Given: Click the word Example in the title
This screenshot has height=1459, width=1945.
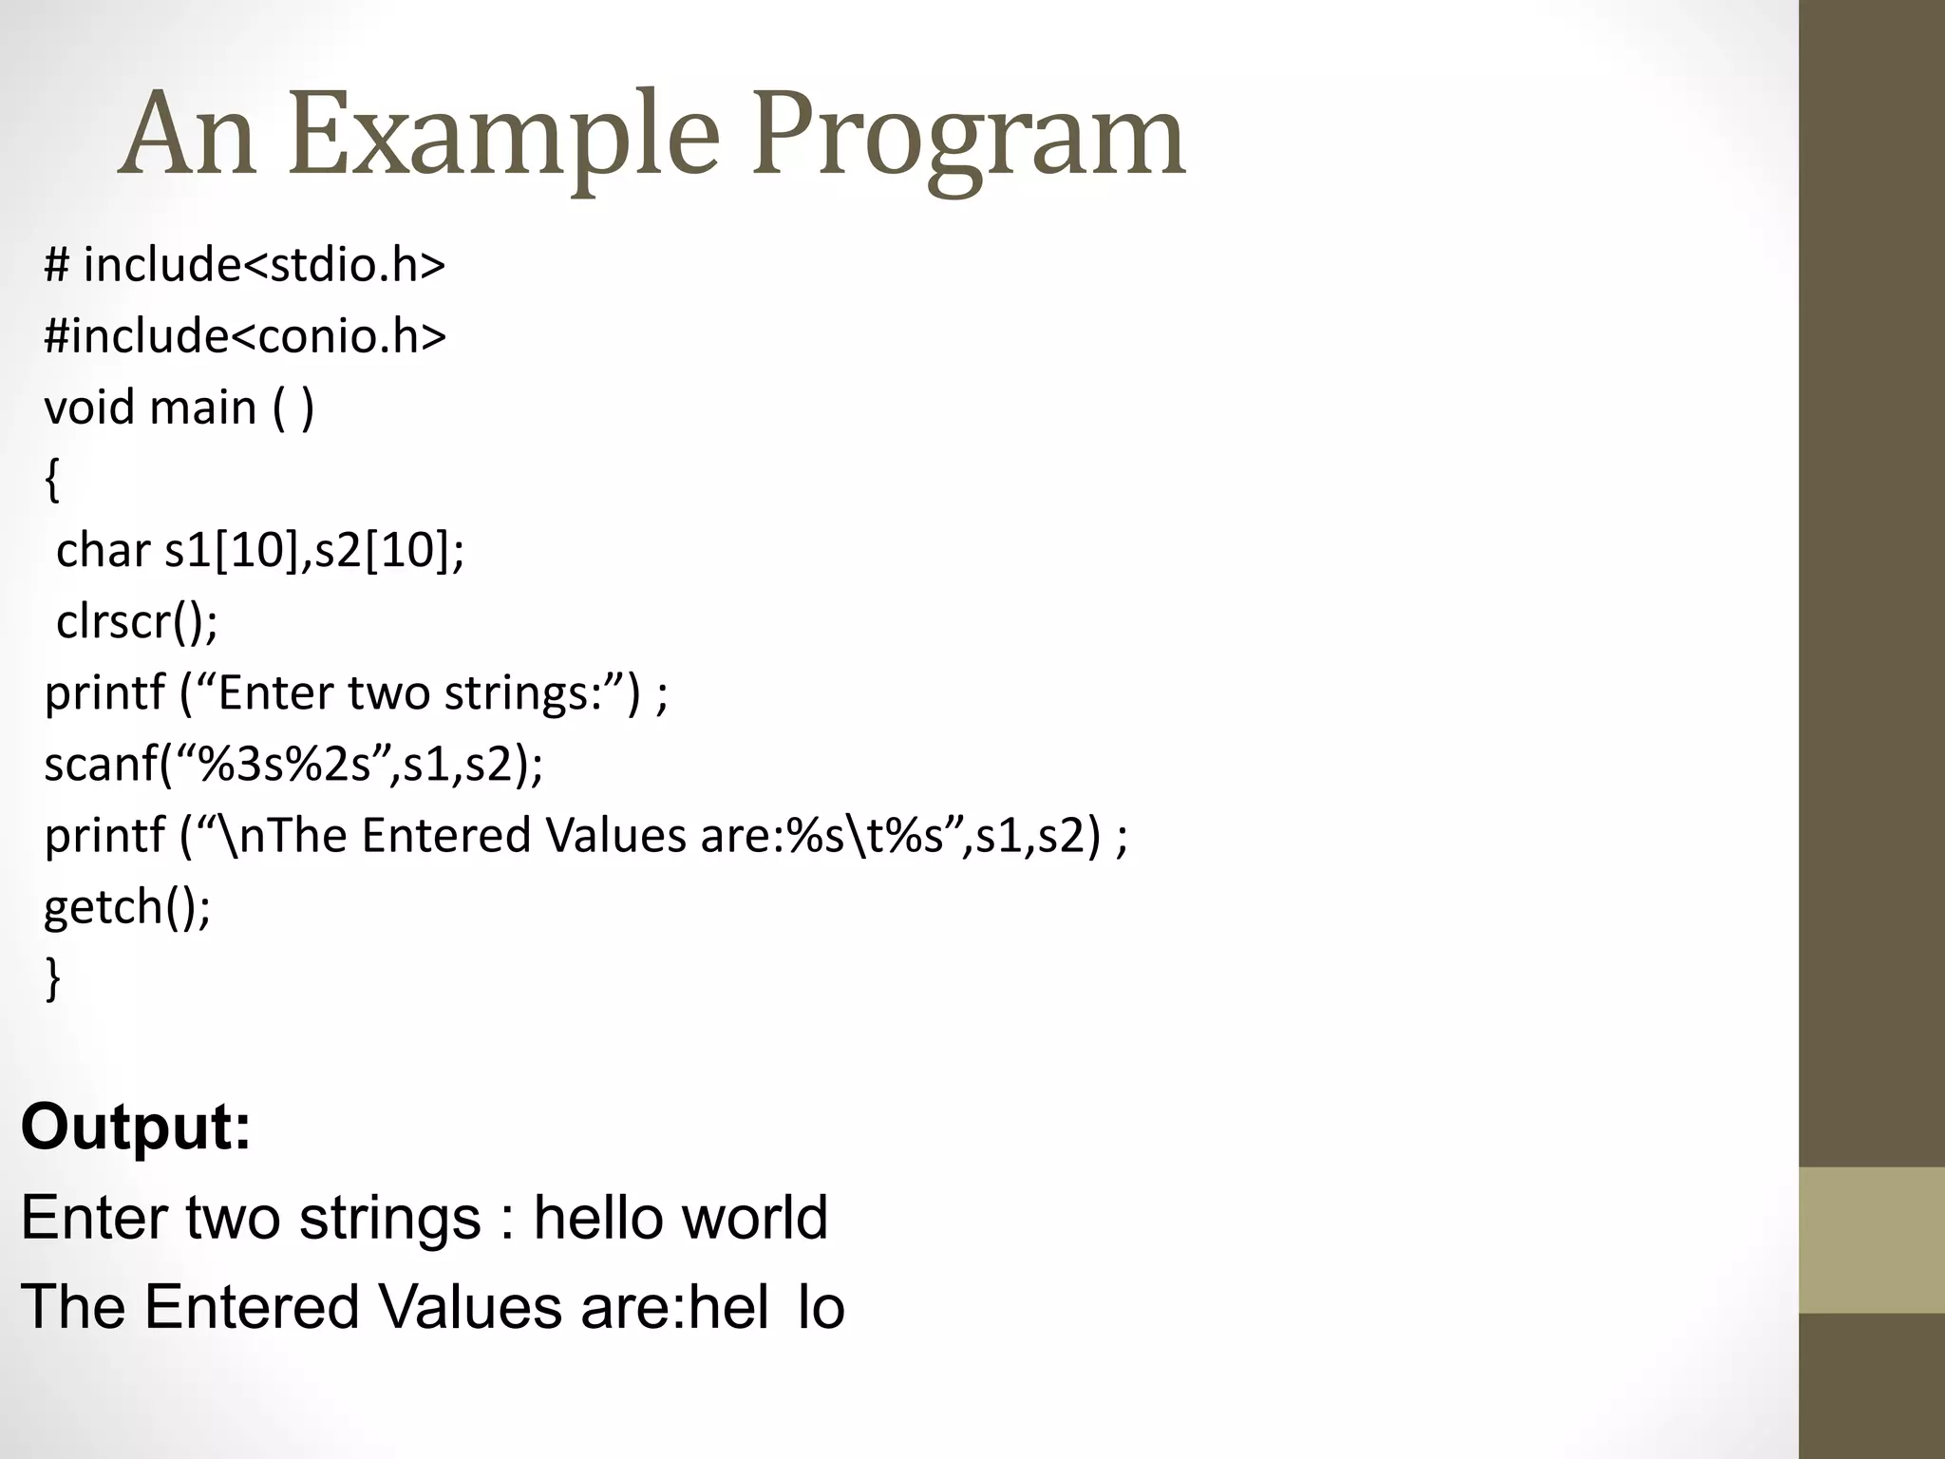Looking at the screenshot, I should coord(503,135).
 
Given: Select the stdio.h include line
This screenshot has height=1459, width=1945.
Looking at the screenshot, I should coord(244,264).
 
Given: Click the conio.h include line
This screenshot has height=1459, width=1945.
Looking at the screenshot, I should coord(244,335).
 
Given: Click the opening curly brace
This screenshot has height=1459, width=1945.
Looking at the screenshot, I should coord(52,479).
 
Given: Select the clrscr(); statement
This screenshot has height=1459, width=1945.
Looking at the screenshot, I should coord(137,621).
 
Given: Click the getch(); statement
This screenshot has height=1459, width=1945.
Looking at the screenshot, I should coord(127,906).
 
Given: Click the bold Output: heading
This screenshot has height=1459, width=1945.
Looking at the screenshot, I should coord(136,1127).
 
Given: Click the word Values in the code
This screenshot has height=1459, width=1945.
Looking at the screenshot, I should coord(616,835).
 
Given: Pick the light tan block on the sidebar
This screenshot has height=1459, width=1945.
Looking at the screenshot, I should coord(1872,1240).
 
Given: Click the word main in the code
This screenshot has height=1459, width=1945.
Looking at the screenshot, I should coord(203,407).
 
